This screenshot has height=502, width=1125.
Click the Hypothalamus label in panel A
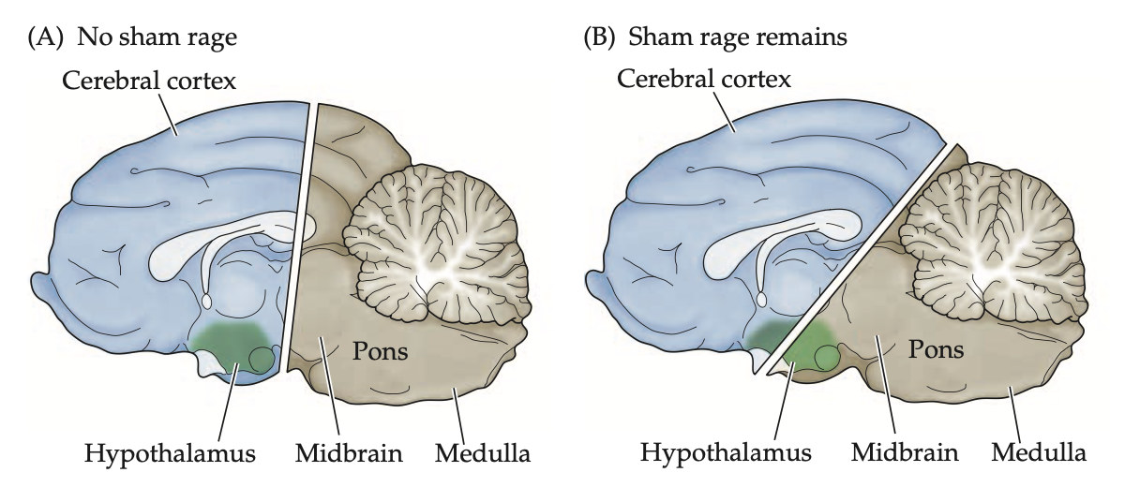170,455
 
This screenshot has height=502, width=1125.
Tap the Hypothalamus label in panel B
726,455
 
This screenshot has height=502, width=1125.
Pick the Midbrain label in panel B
905,455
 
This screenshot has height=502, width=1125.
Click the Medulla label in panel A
483,455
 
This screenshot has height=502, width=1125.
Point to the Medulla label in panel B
1039,455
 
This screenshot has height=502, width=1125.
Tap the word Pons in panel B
937,350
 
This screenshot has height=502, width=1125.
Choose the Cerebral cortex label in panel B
705,80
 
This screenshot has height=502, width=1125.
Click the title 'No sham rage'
157,38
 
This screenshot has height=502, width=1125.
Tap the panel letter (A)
48,38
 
